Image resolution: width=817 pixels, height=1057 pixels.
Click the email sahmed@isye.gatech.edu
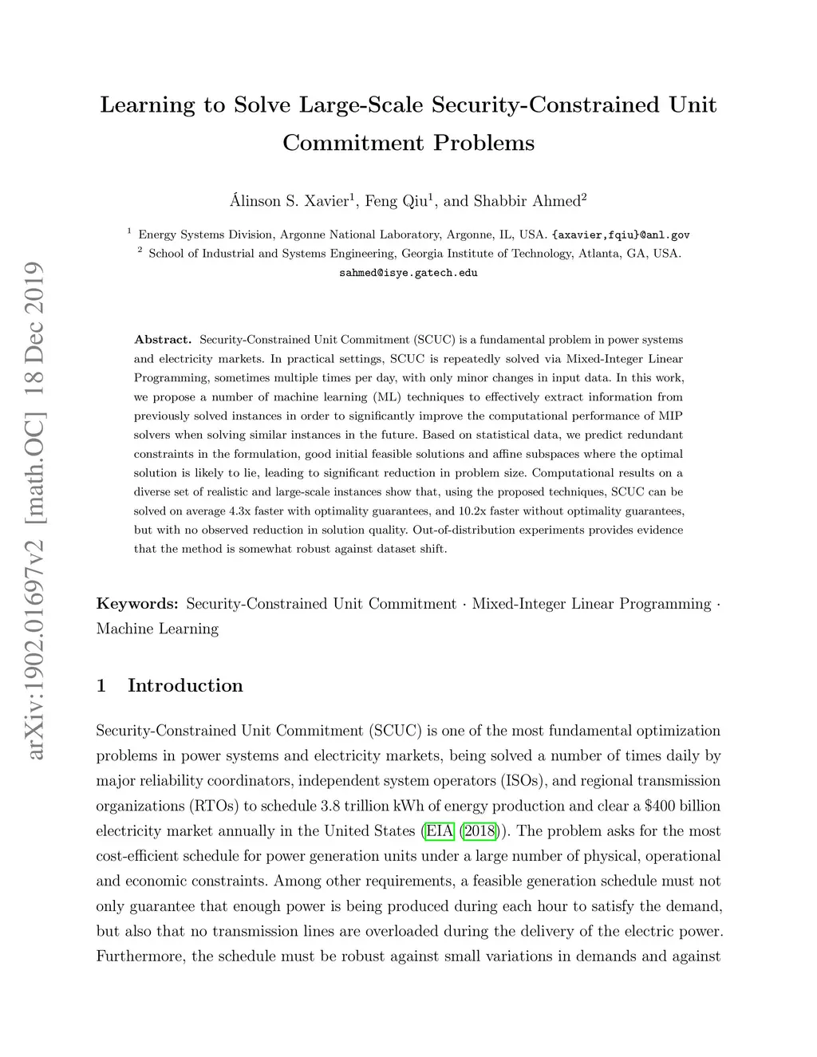[x=408, y=273]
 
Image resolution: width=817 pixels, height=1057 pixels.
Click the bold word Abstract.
[x=163, y=340]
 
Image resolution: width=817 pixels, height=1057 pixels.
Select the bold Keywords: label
[x=137, y=604]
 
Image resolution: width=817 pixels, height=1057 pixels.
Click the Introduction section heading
[x=185, y=686]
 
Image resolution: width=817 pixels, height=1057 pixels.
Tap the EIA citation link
[x=439, y=831]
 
